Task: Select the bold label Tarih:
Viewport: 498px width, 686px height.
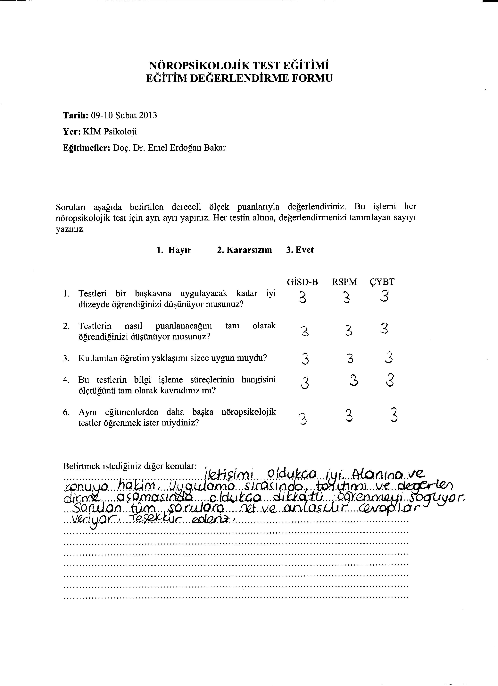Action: (x=75, y=116)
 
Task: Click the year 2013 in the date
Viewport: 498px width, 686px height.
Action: (x=148, y=116)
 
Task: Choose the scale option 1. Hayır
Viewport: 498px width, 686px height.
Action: (x=174, y=250)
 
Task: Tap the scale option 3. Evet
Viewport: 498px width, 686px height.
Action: (x=299, y=250)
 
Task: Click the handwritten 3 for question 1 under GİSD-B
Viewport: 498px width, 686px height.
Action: (x=303, y=297)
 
